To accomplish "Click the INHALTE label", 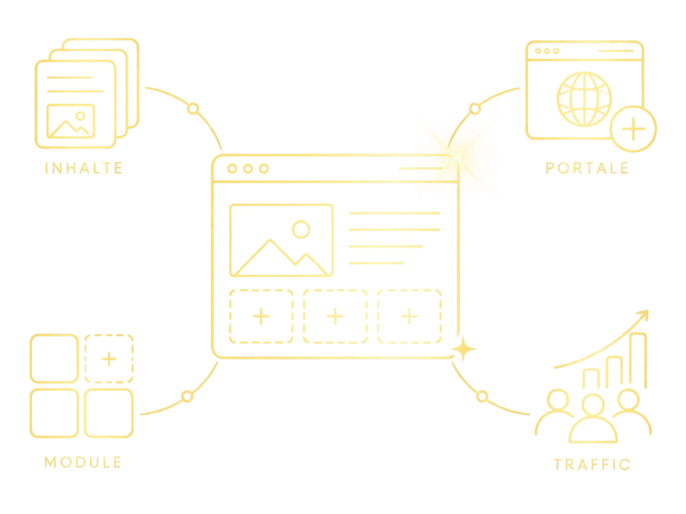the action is (x=83, y=168).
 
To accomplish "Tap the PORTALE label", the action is (x=587, y=168).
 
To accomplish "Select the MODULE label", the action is (x=83, y=462).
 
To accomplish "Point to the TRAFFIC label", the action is (x=592, y=464).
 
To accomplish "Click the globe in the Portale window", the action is (x=584, y=99).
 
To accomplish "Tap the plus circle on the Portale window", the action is (x=633, y=129).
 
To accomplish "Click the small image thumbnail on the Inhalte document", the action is (x=71, y=121).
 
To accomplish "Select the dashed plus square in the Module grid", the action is (x=109, y=358).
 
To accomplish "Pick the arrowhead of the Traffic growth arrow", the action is (x=644, y=315).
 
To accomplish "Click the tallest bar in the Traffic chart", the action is (x=637, y=360).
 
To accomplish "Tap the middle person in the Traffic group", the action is (x=593, y=418).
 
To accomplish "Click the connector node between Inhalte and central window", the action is (x=193, y=109).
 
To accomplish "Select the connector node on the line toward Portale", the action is (x=474, y=109).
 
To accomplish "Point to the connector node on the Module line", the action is (x=187, y=396).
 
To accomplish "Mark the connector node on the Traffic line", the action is (x=482, y=396).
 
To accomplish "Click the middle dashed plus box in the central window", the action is (x=335, y=316).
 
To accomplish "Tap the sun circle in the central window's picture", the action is (x=301, y=230).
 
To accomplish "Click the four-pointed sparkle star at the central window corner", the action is (x=463, y=348).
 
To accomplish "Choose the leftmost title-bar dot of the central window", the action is (x=232, y=168).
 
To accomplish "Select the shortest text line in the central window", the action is (x=376, y=263).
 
